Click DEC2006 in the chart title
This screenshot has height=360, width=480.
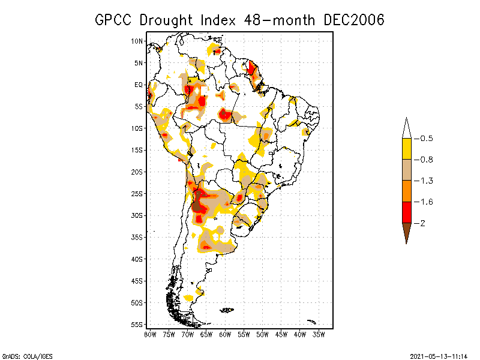[x=353, y=20]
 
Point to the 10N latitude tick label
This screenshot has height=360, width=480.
[x=137, y=41]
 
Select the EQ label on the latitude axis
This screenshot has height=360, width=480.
[x=139, y=85]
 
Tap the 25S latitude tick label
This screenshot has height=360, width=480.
[x=137, y=194]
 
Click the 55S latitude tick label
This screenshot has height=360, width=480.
[x=137, y=325]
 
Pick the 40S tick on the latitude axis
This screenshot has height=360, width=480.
[x=137, y=259]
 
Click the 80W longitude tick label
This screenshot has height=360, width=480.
[x=150, y=334]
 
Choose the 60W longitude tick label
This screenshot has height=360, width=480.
[x=225, y=334]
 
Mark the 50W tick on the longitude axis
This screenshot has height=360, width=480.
[x=262, y=334]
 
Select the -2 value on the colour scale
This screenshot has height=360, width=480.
[x=423, y=223]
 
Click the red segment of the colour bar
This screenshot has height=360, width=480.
[x=406, y=212]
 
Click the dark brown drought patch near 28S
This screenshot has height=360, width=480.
[x=196, y=206]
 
